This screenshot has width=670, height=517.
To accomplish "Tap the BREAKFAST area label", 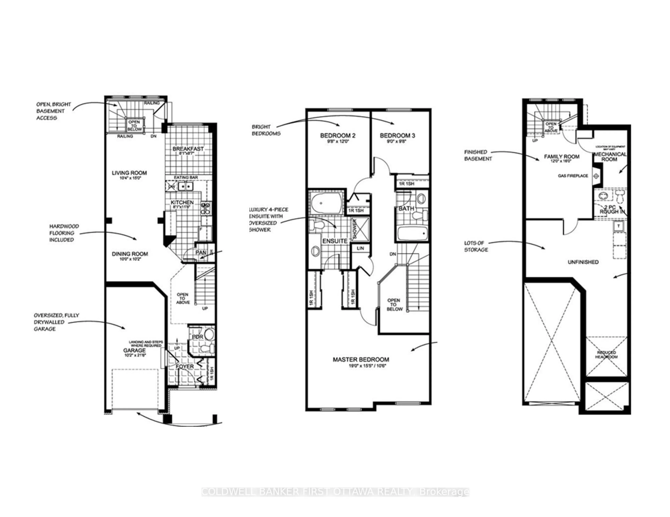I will coord(188,149).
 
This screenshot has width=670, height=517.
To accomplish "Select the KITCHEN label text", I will coord(182,203).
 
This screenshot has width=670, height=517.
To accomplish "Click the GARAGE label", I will coord(134,350).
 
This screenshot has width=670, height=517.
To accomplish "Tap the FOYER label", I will coord(185,366).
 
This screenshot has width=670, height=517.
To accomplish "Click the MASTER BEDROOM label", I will coord(361,359).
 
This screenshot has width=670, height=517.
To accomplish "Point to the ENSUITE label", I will coord(335,241).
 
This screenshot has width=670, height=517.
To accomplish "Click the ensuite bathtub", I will coord(325,203).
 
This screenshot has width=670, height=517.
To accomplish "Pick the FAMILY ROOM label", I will coord(562,157).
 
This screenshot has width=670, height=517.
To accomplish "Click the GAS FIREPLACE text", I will coord(573,176).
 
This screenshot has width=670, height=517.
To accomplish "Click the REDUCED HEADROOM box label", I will coord(606,355).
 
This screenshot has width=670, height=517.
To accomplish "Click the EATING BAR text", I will coord(186,177).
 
